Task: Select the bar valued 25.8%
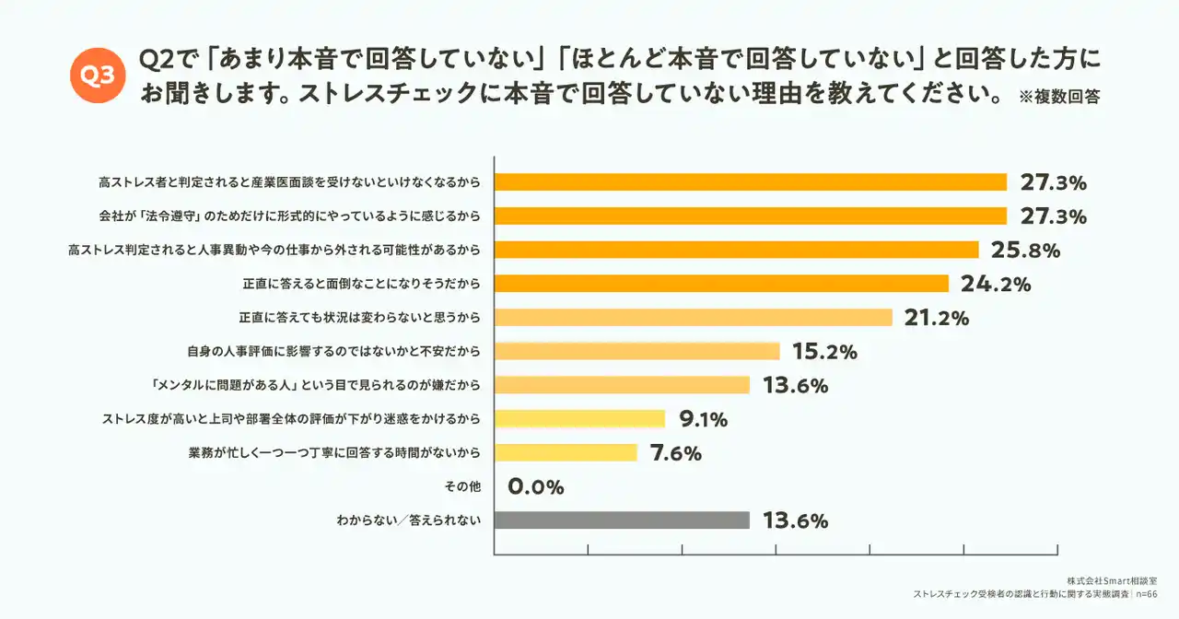pyautogui.click(x=736, y=250)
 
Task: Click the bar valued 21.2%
pyautogui.click(x=693, y=318)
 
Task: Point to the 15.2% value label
pyautogui.click(x=824, y=352)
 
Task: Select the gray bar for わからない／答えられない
pyautogui.click(x=622, y=520)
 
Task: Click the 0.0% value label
pyautogui.click(x=536, y=487)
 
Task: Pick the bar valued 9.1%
pyautogui.click(x=579, y=419)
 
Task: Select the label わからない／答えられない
pyautogui.click(x=409, y=521)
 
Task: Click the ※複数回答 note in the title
pyautogui.click(x=1059, y=97)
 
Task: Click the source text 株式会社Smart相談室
pyautogui.click(x=1113, y=581)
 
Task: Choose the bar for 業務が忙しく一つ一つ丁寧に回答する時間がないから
pyautogui.click(x=566, y=453)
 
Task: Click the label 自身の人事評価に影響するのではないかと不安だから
pyautogui.click(x=334, y=352)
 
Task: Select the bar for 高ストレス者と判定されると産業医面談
pyautogui.click(x=751, y=182)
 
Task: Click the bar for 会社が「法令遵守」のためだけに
pyautogui.click(x=751, y=216)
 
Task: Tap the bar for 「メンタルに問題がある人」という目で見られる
pyautogui.click(x=622, y=385)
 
